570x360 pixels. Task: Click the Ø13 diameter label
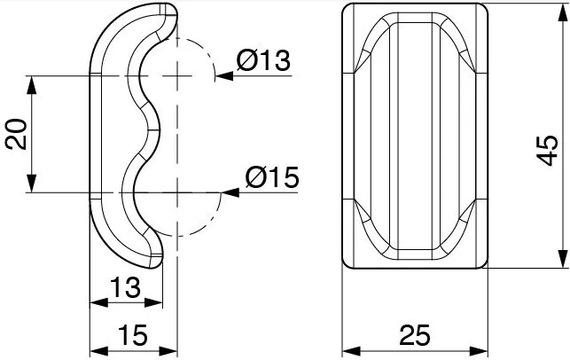click(x=263, y=60)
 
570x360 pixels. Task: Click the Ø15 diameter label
click(x=272, y=177)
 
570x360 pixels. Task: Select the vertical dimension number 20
click(x=16, y=134)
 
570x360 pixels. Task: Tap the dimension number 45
click(x=547, y=150)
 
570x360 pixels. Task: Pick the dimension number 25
click(x=415, y=335)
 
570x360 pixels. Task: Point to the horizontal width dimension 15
click(x=133, y=335)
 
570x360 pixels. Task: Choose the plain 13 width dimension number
click(x=125, y=287)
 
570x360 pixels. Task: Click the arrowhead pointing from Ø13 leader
click(x=224, y=76)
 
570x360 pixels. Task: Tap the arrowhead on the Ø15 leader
click(x=230, y=192)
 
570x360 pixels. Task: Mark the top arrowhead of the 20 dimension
click(x=32, y=85)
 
